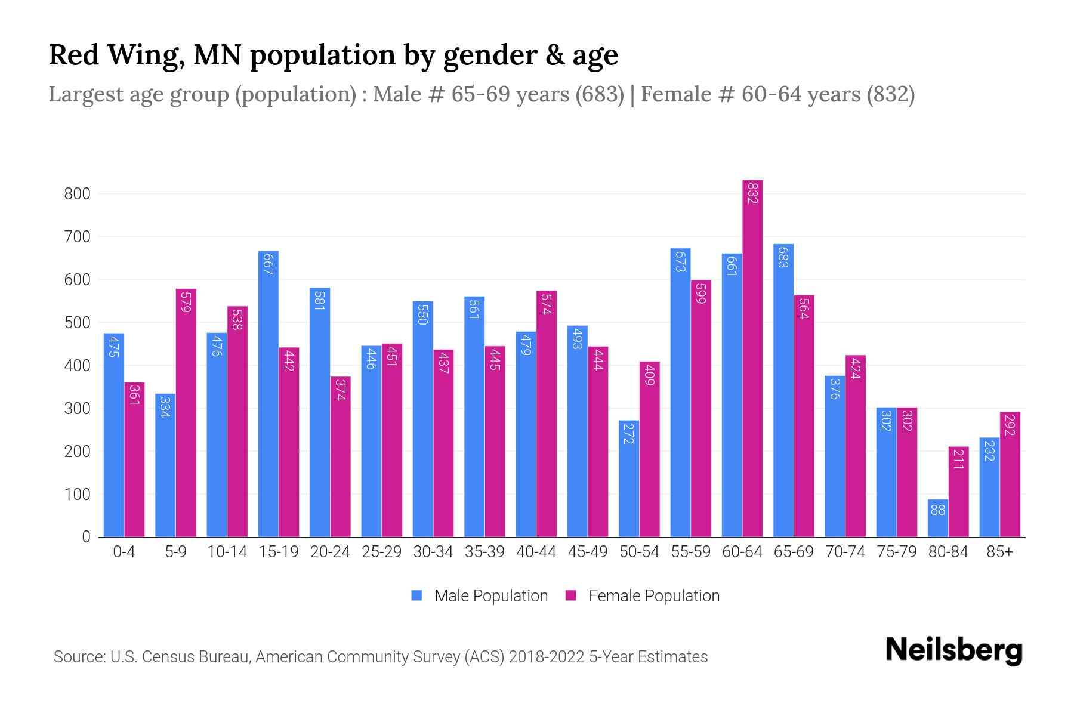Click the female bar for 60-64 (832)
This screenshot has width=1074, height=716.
click(x=752, y=358)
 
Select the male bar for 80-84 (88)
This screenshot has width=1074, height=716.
click(x=937, y=518)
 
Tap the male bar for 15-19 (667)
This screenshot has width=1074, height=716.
click(x=268, y=394)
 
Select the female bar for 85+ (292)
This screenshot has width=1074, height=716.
click(x=1010, y=474)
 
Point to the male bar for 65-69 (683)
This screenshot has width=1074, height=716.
click(x=783, y=391)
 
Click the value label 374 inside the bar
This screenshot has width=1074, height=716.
click(x=340, y=390)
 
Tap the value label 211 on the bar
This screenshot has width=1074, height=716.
click(x=958, y=459)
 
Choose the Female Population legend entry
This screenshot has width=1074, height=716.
click(x=643, y=595)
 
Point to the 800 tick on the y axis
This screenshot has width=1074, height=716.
click(x=78, y=194)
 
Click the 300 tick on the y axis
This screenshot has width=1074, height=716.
click(x=78, y=409)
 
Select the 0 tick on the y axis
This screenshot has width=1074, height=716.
click(x=86, y=537)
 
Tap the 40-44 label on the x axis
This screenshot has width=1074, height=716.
click(x=536, y=552)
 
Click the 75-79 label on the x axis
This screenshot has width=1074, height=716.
click(x=896, y=552)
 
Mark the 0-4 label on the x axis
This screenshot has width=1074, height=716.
click(x=124, y=552)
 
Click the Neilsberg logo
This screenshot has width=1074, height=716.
click(x=953, y=650)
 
